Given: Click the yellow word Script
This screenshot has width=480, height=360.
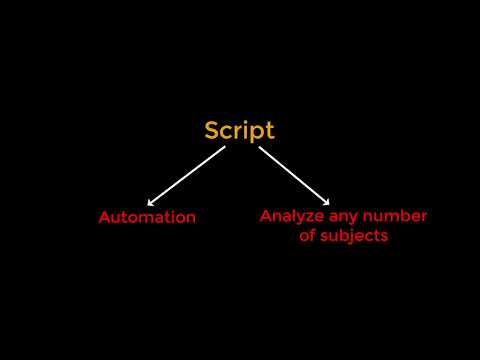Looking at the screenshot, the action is click(x=239, y=130).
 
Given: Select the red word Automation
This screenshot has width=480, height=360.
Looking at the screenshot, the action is click(x=147, y=217).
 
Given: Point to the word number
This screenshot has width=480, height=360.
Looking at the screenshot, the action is click(x=397, y=216).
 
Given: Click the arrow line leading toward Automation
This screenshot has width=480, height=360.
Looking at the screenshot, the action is click(x=186, y=177).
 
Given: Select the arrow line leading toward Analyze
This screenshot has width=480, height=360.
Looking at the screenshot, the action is click(x=294, y=176).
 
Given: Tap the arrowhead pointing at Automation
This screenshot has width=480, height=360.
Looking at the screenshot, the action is click(x=150, y=204).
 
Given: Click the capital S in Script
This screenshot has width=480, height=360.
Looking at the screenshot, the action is click(x=212, y=130).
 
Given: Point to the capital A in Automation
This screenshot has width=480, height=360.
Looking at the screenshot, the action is click(x=103, y=217).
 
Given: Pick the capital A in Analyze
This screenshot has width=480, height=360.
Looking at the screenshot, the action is click(x=265, y=216).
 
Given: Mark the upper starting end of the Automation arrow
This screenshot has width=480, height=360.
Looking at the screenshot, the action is click(x=224, y=148).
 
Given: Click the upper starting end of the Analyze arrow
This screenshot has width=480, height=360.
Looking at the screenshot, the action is click(x=260, y=148).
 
